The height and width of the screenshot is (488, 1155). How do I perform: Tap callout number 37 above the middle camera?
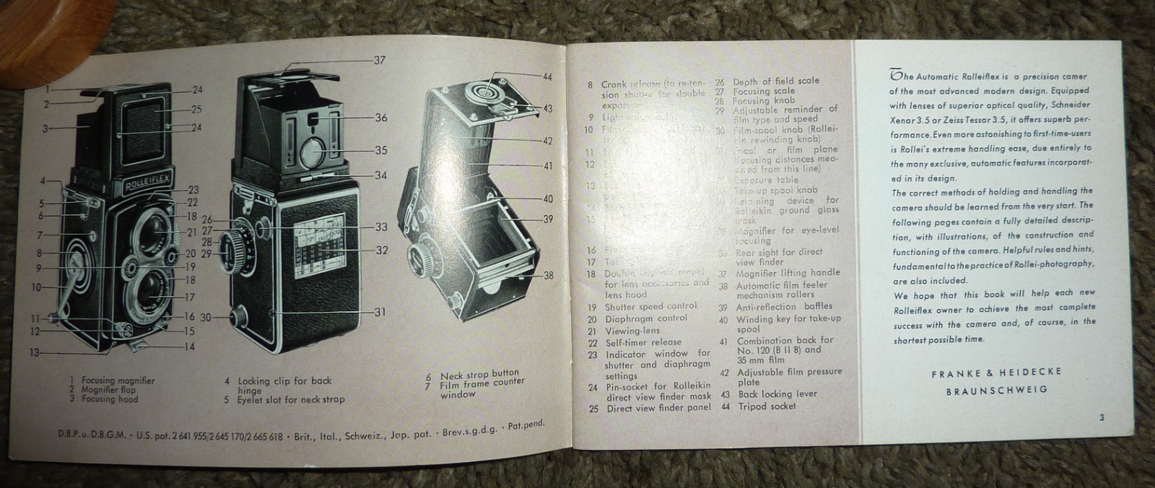click(380, 61)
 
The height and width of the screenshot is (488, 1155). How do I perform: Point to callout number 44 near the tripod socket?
click(547, 77)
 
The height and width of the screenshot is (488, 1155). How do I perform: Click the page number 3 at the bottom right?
click(1102, 417)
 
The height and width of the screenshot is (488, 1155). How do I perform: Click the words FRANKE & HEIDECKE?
click(996, 372)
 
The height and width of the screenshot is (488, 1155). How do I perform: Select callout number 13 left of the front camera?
click(35, 353)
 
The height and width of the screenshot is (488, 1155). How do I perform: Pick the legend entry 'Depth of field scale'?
click(776, 81)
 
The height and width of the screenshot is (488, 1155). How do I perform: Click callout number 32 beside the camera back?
click(381, 250)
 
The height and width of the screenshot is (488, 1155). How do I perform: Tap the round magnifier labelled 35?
click(315, 152)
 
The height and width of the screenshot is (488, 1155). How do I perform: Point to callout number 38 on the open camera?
click(549, 275)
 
